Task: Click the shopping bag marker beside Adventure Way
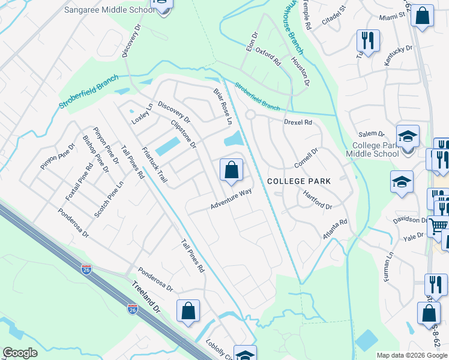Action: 231,170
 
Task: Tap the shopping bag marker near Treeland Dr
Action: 188,311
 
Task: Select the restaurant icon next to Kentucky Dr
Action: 367,41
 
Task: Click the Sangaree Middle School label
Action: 119,10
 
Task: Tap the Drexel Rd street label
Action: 298,122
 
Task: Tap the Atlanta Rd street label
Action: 335,230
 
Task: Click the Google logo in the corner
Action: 20,353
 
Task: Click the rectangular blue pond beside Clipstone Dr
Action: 167,146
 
